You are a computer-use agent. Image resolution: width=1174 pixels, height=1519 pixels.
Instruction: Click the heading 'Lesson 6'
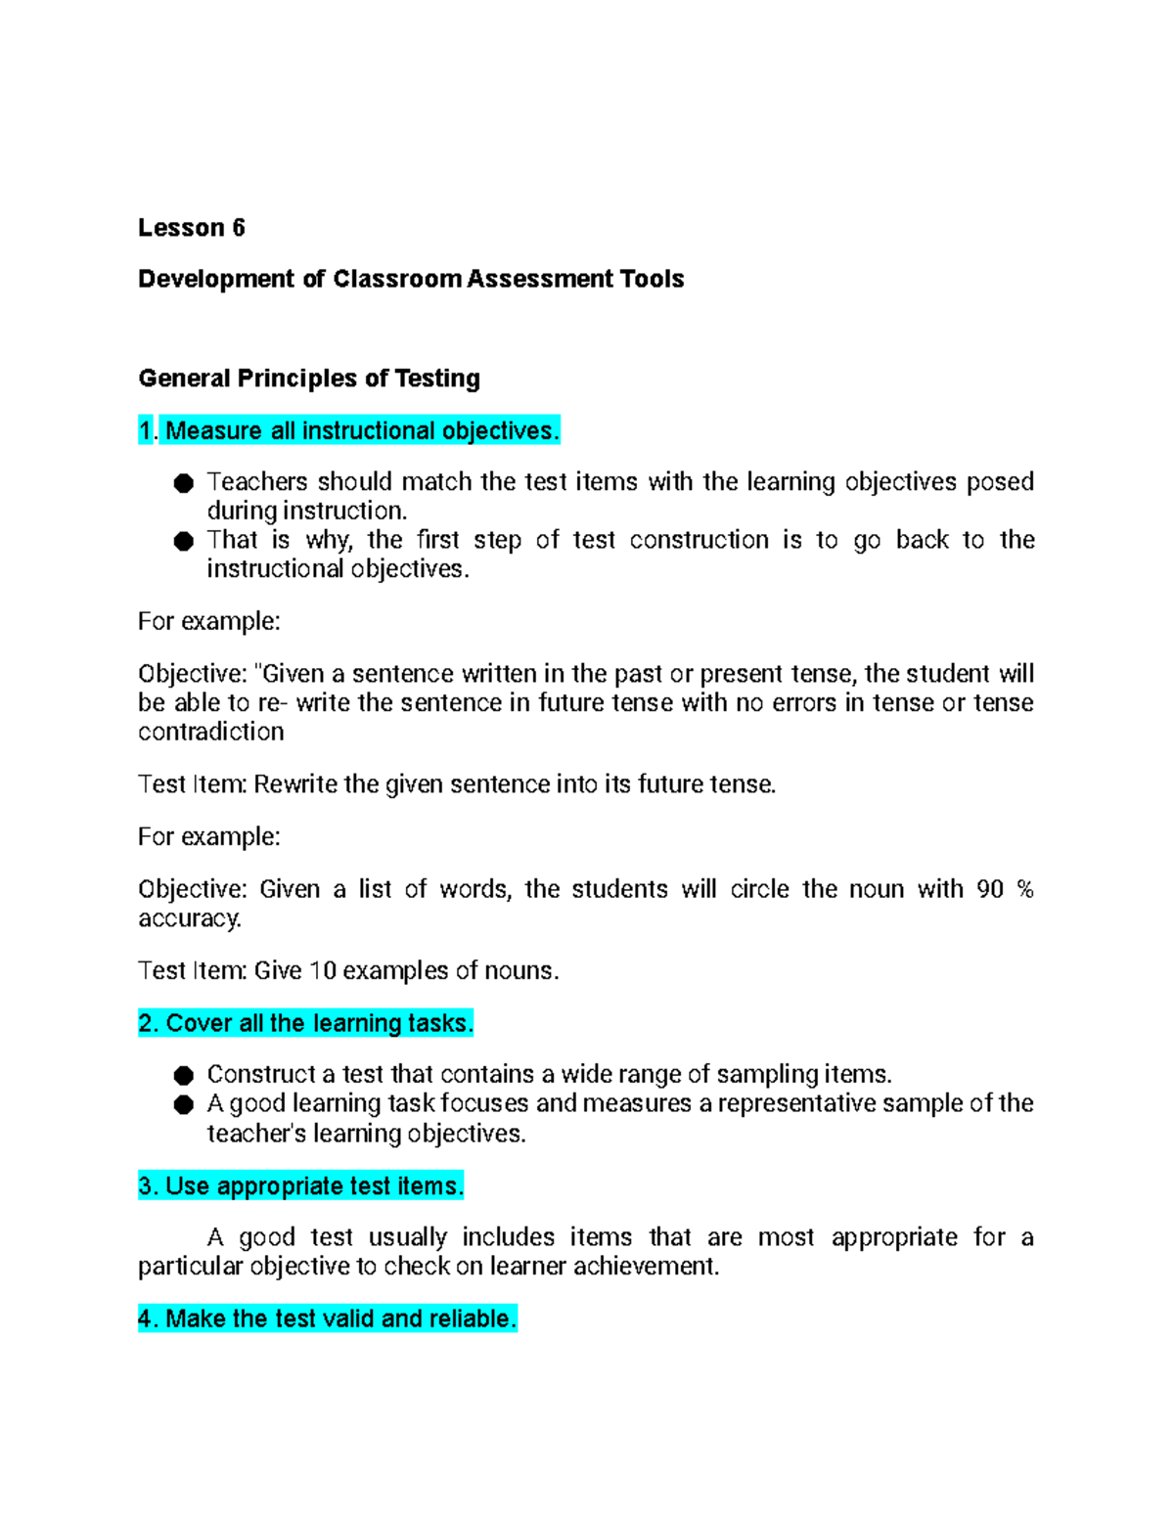(x=191, y=228)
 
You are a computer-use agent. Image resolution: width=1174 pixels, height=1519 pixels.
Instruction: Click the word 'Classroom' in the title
(x=396, y=279)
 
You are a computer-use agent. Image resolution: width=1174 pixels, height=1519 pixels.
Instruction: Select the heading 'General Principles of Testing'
(x=309, y=379)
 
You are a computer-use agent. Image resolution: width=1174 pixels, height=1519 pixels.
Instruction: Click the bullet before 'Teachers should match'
(x=184, y=483)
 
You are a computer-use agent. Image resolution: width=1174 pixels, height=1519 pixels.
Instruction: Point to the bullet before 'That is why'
(x=184, y=541)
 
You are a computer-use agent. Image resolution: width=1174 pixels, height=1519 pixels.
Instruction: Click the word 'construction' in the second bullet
(x=699, y=540)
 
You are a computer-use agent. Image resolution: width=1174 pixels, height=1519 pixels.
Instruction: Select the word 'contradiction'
(x=211, y=732)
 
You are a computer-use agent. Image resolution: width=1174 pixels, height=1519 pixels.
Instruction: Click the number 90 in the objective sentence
(x=990, y=889)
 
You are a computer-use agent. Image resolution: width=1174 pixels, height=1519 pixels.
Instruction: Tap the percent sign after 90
(x=1024, y=889)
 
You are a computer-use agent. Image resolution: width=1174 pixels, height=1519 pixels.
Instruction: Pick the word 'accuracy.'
(x=190, y=918)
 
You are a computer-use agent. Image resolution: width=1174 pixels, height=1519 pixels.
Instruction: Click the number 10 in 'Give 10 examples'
(x=323, y=970)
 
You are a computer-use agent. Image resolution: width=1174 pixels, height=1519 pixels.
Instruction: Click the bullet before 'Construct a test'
(x=184, y=1076)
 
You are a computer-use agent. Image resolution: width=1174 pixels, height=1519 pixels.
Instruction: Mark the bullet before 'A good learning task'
(x=184, y=1105)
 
